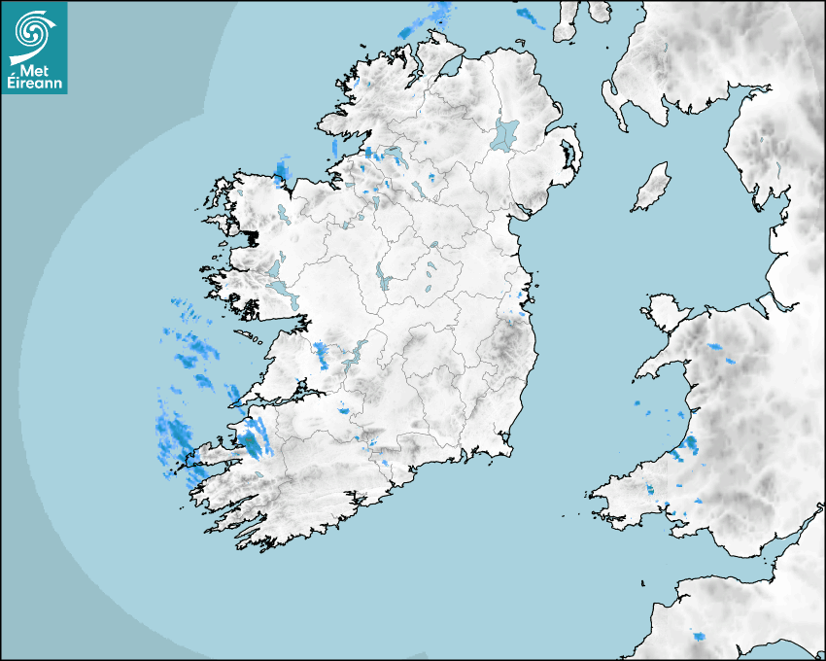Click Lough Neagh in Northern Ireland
click(505, 133)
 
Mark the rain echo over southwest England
click(700, 636)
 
